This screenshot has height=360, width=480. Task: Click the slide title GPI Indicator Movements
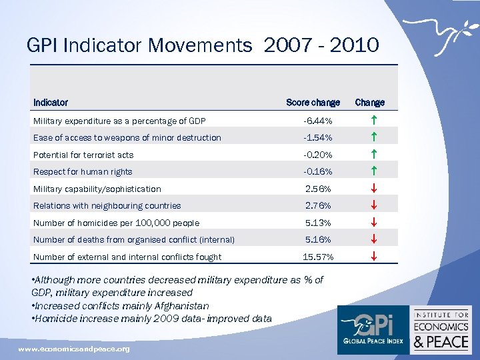(203, 45)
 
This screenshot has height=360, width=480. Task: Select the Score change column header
(313, 103)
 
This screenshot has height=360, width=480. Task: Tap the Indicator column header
(51, 103)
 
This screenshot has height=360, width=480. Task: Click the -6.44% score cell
(317, 121)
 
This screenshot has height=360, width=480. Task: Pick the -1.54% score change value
(317, 138)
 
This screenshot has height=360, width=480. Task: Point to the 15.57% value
(318, 257)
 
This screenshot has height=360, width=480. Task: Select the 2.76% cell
(318, 206)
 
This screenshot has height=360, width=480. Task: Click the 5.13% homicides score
(318, 223)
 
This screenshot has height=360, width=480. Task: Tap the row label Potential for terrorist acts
(83, 155)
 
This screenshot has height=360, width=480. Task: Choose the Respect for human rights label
(83, 172)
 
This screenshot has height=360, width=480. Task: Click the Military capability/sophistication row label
(97, 189)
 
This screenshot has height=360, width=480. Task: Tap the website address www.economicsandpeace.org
(74, 349)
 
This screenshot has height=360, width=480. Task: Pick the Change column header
(369, 103)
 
